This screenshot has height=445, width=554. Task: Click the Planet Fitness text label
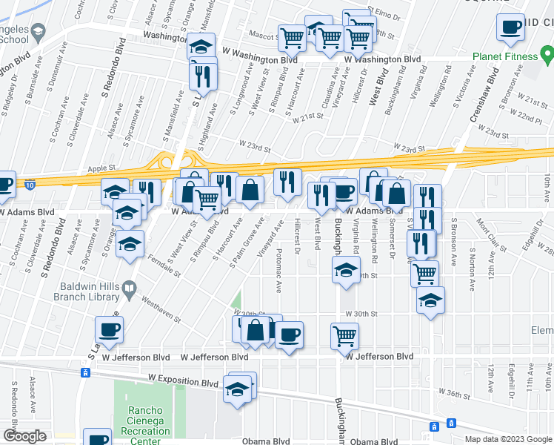505,56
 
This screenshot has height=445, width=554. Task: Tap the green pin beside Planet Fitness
547,54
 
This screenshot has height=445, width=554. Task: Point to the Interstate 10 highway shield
30,183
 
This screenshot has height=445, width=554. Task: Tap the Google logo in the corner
24,435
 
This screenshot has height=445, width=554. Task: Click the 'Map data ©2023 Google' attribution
507,439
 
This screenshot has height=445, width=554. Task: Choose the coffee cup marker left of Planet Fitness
510,27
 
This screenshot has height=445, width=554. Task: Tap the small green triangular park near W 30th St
236,301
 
